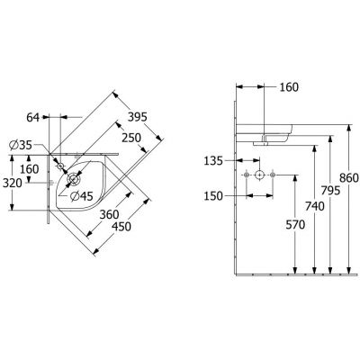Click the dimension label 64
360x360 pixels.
pos(33,117)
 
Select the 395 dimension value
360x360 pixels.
pos(138,117)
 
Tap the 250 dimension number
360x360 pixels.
pos(131,138)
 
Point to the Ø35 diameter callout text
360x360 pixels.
pos(21,145)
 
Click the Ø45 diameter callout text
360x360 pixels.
pos(82,196)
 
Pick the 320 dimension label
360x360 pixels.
pos(13,183)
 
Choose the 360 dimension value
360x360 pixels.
pos(109,214)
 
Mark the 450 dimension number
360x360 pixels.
pos(121,227)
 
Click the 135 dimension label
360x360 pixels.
pos(213,161)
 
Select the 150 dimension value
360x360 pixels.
pos(213,196)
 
